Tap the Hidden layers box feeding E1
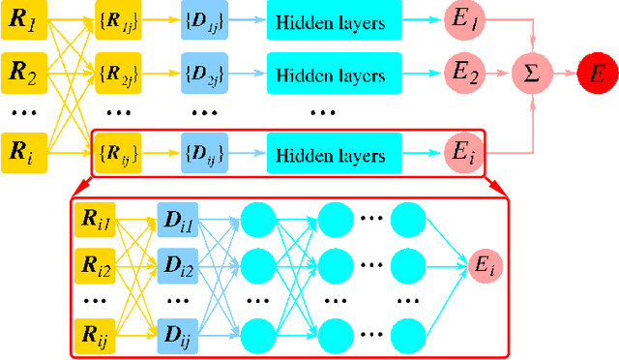point(331,20)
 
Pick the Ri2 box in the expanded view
point(96,262)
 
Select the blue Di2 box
point(177,262)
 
